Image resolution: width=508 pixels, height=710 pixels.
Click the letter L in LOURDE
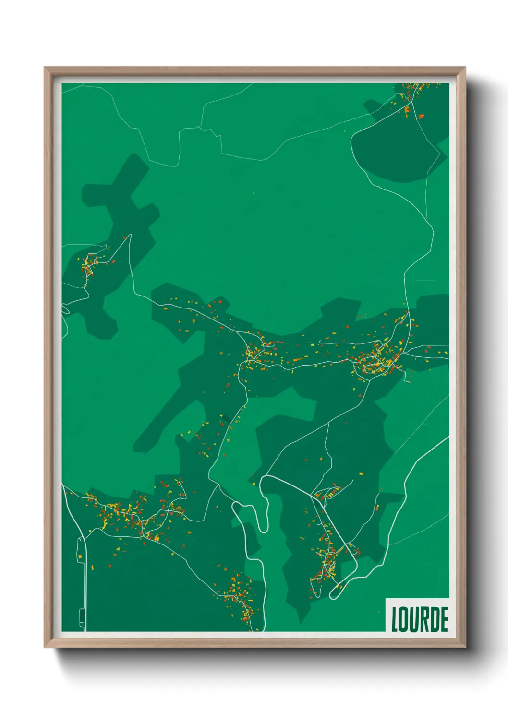[395, 619]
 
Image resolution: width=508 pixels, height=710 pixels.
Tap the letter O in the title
[405, 619]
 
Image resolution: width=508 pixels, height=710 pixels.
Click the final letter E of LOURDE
[445, 619]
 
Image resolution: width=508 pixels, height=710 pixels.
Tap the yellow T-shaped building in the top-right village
[402, 96]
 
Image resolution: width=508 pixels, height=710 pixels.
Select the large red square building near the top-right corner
[421, 116]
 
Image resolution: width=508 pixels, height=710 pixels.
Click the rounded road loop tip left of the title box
[332, 596]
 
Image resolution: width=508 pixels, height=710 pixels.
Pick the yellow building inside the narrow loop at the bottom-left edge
[80, 556]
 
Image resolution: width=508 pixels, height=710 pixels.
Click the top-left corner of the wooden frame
[45, 68]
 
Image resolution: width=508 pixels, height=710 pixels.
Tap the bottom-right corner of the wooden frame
[465, 647]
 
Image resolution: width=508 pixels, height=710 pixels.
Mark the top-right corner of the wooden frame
[465, 68]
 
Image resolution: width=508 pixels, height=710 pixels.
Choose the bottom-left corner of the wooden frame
[45, 647]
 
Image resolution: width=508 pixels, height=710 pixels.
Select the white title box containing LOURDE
[417, 615]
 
